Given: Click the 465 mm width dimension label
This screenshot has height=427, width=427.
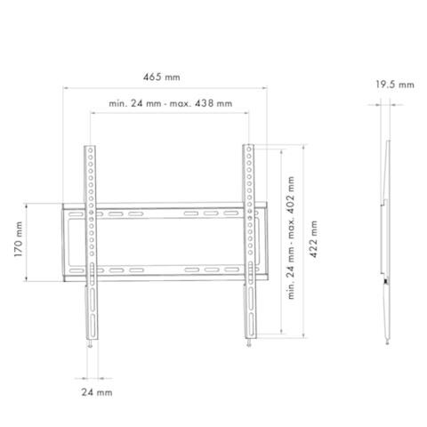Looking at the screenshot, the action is point(162,77).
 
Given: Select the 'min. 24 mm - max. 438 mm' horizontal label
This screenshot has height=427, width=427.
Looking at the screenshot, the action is point(171,103).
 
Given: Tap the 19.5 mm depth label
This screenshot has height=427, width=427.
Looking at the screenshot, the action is point(395,85).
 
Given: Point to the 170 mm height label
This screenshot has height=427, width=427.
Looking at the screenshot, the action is point(19,239).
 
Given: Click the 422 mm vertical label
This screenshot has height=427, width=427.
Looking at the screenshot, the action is point(313,239).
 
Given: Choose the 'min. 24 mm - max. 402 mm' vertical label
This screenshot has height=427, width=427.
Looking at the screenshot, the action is point(291,238).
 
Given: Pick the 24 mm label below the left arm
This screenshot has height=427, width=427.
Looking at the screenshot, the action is point(97,392).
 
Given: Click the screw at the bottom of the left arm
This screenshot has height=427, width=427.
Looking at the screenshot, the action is point(90,343).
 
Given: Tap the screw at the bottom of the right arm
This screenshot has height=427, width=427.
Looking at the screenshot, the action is point(249,343).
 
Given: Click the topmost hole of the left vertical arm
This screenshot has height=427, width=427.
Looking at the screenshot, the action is point(91,150).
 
